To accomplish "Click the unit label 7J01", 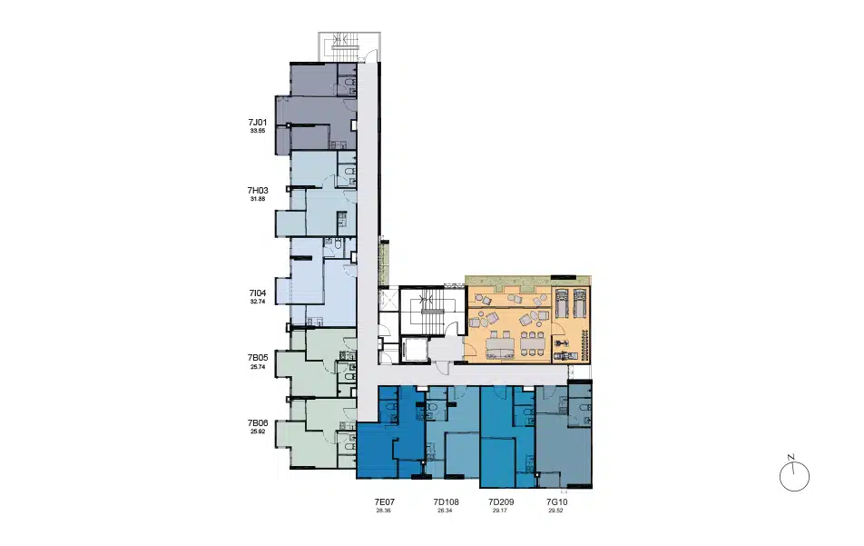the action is click(x=258, y=123).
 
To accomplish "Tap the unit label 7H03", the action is click(x=258, y=190).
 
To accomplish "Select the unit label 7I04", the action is click(x=258, y=293).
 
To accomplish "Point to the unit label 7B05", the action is click(x=258, y=358).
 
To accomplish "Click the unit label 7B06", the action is click(x=258, y=423).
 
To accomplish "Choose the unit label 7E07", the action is click(x=384, y=501).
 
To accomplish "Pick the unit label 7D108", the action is click(x=446, y=501).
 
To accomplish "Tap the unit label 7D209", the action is click(x=501, y=501).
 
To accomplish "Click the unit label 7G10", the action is click(x=556, y=501).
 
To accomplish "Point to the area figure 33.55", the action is click(x=258, y=131).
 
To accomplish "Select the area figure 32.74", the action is click(x=258, y=302).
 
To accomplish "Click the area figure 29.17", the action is click(x=500, y=511).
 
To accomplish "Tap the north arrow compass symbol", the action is click(x=794, y=476).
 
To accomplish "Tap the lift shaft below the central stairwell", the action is click(x=413, y=350).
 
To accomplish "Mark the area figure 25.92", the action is click(x=258, y=432).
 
